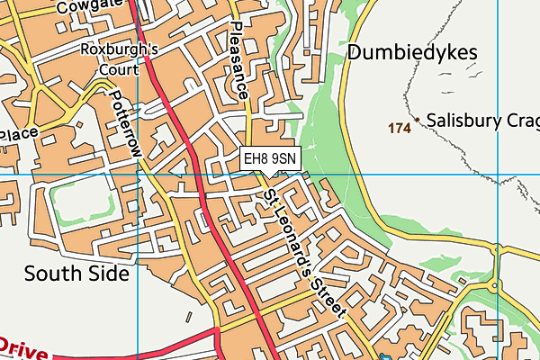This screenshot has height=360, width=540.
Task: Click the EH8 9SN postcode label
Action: [270, 158]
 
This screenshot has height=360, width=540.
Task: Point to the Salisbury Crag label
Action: [481, 120]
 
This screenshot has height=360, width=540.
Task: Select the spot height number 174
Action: [400, 129]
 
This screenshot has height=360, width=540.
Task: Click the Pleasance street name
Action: [238, 61]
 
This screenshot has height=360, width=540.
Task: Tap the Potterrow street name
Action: [124, 123]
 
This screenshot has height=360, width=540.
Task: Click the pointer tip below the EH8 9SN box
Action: [270, 176]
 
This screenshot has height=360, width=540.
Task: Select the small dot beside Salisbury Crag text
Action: [418, 120]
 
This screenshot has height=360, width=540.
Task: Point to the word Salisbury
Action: [463, 120]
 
